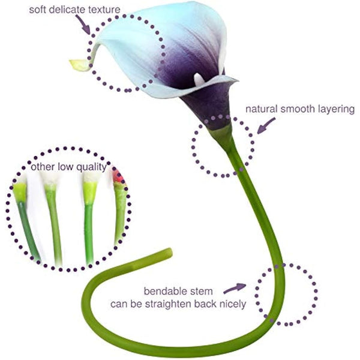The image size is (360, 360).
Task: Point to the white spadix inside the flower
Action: (199, 79)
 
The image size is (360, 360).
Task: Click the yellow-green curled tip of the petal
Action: (78, 64)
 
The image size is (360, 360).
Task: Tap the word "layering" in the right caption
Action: (335, 110)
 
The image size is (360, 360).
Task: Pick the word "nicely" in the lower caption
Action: (231, 304)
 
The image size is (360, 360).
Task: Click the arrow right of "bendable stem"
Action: (238, 288)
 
